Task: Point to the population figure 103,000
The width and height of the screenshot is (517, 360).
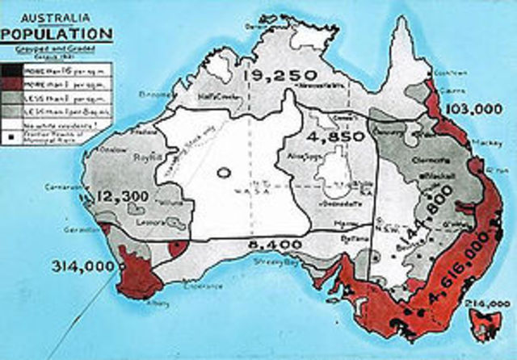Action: [x=472, y=108]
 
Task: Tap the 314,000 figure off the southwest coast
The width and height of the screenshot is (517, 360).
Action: [x=81, y=266]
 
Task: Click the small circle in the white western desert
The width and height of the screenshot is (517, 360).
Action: [x=223, y=171]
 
